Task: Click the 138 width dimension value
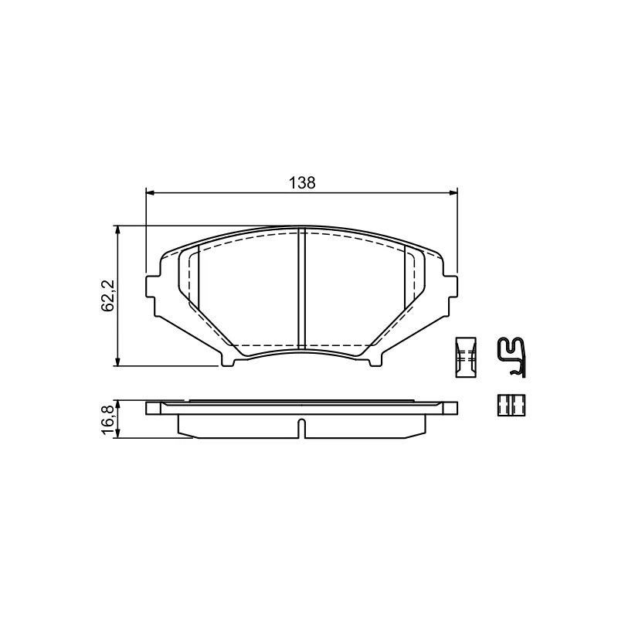click(x=302, y=183)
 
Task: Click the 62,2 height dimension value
click(x=107, y=296)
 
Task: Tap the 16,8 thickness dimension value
click(x=107, y=419)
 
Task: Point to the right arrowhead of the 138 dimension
click(x=454, y=192)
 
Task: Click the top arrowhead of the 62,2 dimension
click(x=117, y=229)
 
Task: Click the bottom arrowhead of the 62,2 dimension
click(x=117, y=362)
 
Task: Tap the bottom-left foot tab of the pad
click(x=227, y=359)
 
